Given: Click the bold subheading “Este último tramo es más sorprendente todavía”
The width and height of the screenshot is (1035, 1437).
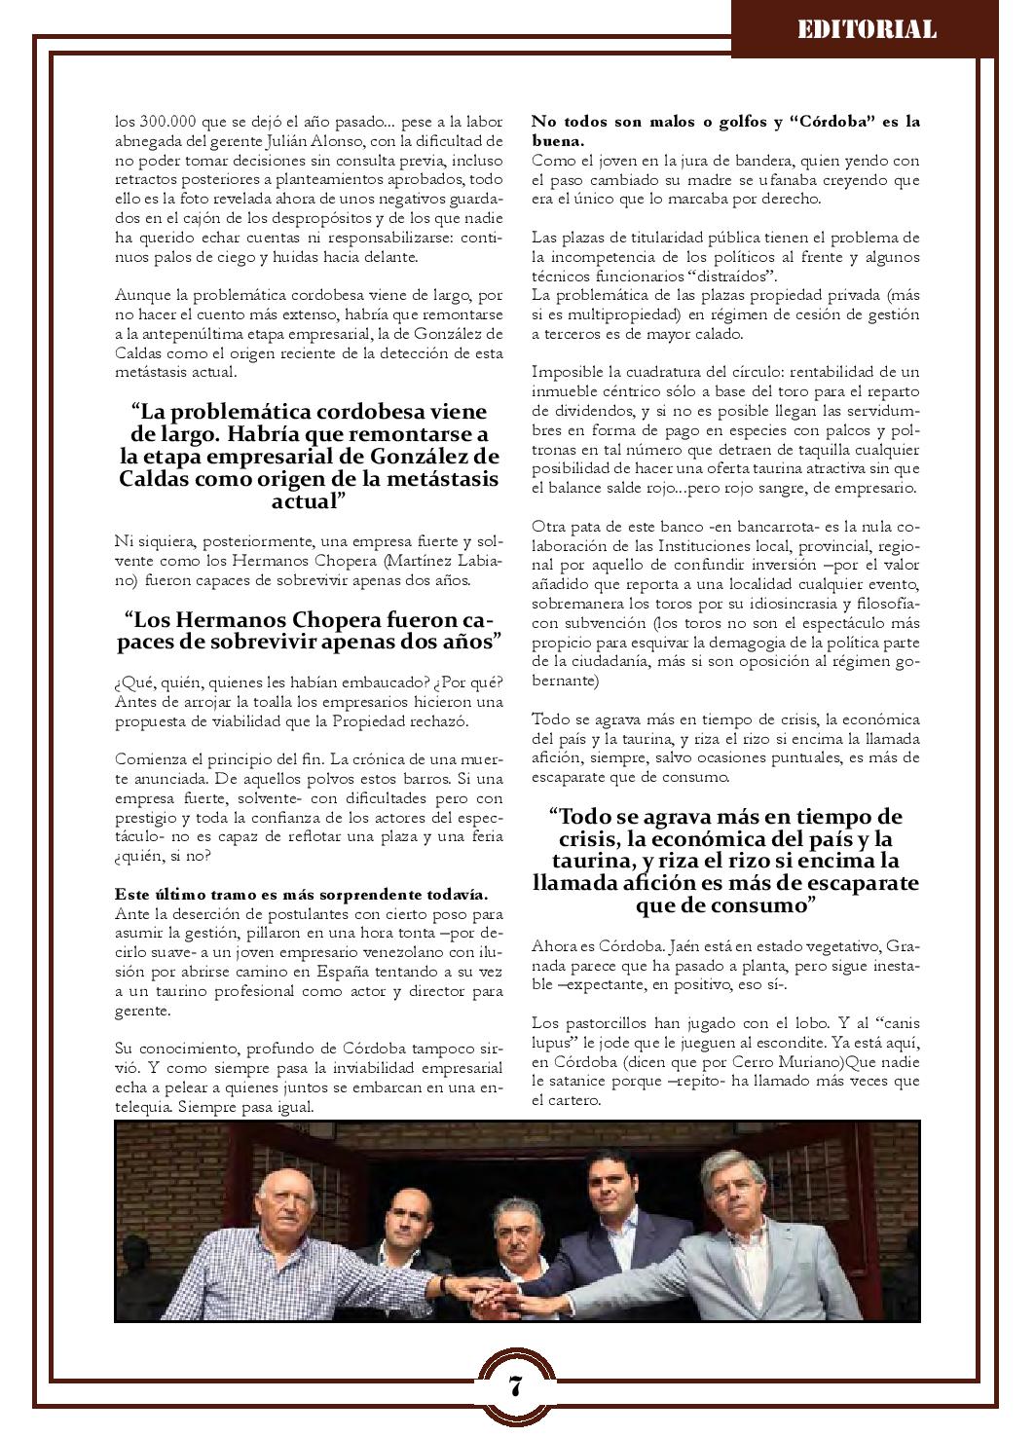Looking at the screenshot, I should pyautogui.click(x=301, y=894).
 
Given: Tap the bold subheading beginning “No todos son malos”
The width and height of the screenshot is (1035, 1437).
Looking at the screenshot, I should pyautogui.click(x=725, y=131).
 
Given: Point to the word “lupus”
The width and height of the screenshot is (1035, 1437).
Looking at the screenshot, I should pyautogui.click(x=556, y=1042).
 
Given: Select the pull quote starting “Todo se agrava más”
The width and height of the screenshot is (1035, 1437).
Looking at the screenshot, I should pyautogui.click(x=725, y=861).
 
